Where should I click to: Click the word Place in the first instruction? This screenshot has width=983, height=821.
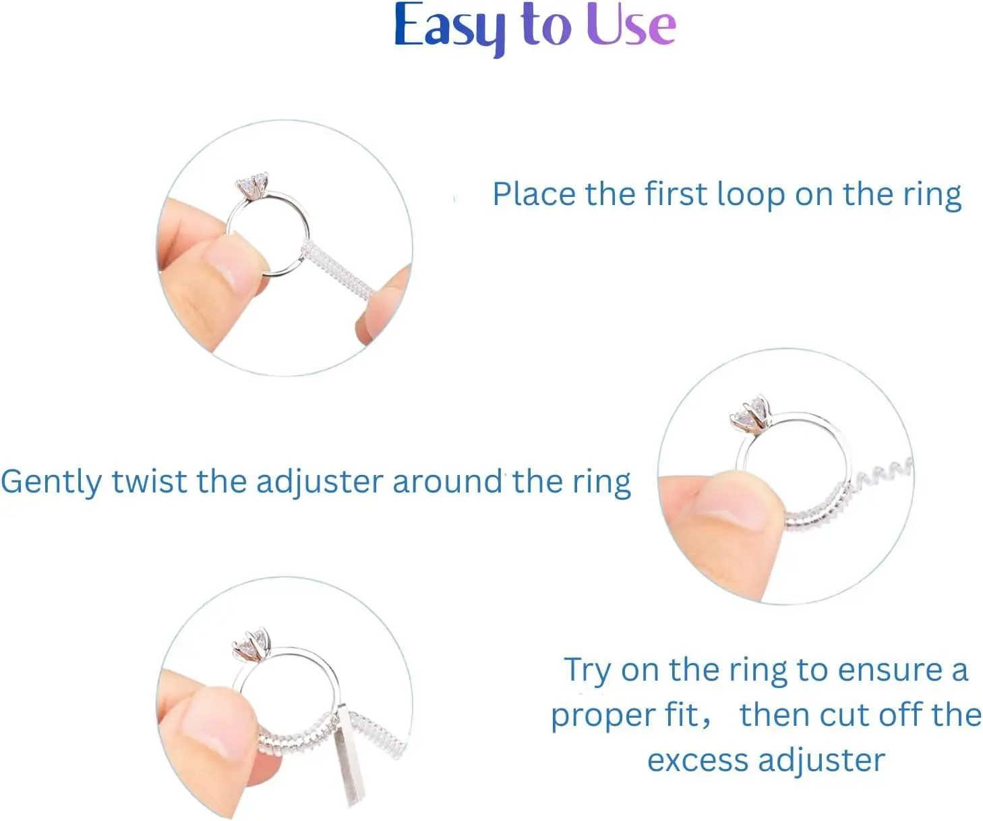[x=534, y=194]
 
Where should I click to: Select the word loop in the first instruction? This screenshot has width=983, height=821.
[x=750, y=194]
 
